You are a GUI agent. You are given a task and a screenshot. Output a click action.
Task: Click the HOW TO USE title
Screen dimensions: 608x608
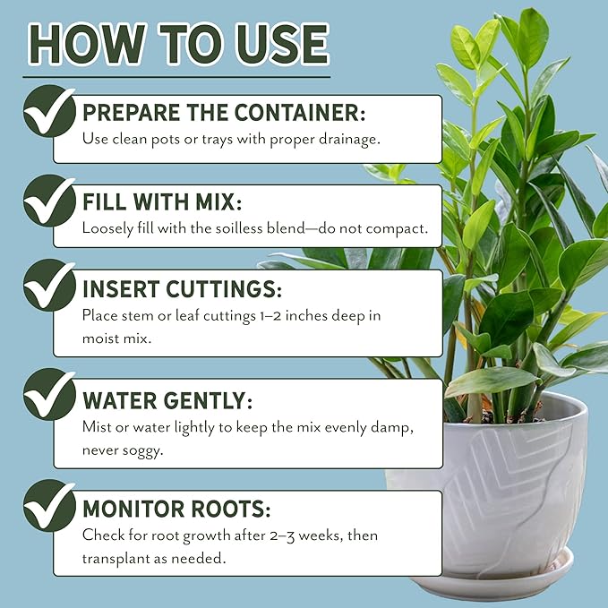click(177, 43)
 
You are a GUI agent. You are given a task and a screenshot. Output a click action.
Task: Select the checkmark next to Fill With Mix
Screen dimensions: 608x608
click(49, 200)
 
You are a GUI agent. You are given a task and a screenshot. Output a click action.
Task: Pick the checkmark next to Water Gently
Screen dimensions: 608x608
click(49, 395)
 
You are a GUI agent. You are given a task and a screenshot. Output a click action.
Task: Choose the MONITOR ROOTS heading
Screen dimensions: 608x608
click(176, 510)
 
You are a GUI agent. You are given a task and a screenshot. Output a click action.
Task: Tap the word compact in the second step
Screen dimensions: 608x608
click(398, 228)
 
